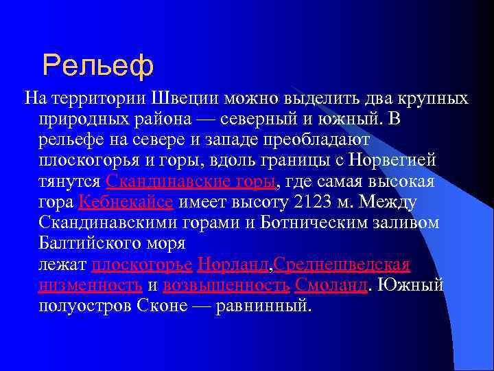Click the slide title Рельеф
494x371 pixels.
97,65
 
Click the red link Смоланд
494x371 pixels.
331,285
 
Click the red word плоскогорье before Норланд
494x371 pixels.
142,265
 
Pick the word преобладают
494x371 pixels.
320,140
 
